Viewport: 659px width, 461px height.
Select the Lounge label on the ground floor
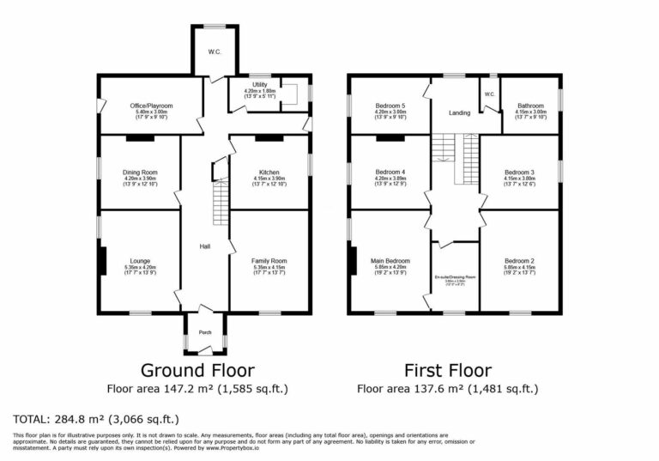point(141,260)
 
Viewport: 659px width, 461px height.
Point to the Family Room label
point(269,260)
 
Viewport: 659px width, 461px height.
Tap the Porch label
point(205,332)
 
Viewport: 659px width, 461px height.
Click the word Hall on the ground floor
point(205,246)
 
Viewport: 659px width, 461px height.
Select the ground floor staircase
point(221,203)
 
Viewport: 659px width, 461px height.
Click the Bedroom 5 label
point(390,106)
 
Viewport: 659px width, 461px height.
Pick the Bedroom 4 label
point(390,172)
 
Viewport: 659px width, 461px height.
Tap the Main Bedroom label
point(390,260)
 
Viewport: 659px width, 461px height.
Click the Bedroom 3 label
point(519,172)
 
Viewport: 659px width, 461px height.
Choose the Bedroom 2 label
point(519,260)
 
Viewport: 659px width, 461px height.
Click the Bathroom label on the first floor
point(530,106)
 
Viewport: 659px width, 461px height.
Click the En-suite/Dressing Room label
point(455,277)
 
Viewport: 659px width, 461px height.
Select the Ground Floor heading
point(197,371)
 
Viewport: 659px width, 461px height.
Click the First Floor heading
point(448,371)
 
